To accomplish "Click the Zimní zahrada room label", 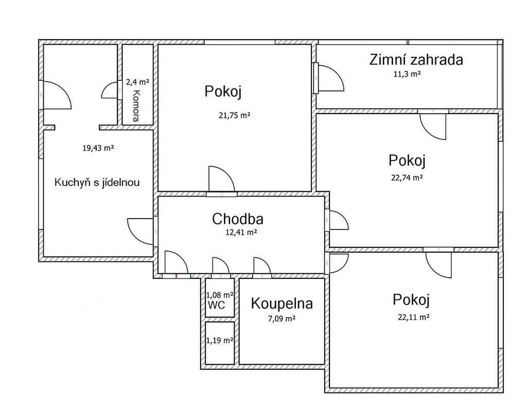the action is tap(416, 60).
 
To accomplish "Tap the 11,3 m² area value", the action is tap(407, 74).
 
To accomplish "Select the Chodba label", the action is tap(238, 219).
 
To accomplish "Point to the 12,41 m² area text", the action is tap(241, 232).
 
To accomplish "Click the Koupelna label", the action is tap(282, 303).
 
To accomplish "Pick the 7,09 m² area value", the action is tap(282, 319).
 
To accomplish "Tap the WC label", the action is tap(217, 305).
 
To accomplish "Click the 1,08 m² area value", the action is tap(220, 295).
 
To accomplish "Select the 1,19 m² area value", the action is tap(220, 340).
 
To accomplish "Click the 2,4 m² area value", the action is tap(137, 82).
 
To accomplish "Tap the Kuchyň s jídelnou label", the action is tap(97, 183).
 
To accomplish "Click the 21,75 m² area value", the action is tap(235, 116).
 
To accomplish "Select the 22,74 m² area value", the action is tap(407, 177).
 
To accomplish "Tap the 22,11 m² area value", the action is tap(414, 317).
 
